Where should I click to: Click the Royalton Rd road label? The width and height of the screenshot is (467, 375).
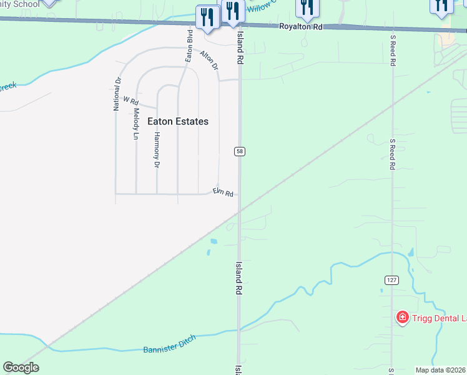300,27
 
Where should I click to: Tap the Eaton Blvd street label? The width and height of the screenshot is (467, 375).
189,45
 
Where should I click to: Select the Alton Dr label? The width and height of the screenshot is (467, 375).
209,60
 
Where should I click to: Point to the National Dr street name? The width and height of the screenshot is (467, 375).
116,94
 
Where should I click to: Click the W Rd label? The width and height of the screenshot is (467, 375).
130,100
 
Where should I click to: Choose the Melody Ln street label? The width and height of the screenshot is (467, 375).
135,124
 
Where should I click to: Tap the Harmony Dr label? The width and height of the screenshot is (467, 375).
157,150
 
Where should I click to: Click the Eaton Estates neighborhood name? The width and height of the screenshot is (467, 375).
178,121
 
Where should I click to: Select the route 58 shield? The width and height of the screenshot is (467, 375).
240,151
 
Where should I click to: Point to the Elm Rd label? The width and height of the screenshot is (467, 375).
223,192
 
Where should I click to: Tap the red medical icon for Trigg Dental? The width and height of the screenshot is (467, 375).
403,318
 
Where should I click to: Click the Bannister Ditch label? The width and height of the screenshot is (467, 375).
170,344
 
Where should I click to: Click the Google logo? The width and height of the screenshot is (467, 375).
21,367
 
